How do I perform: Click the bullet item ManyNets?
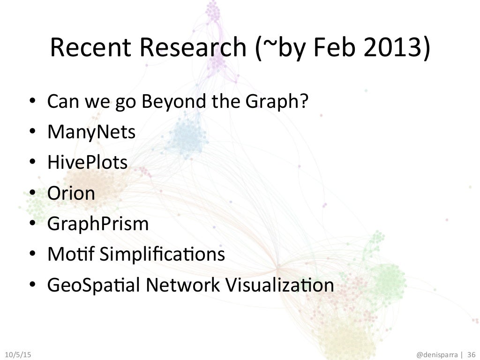[91, 133]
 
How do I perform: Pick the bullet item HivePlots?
[87, 163]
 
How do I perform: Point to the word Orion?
[71, 193]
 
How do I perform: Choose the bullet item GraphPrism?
[97, 224]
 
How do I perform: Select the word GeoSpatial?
[90, 285]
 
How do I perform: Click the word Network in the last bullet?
[185, 285]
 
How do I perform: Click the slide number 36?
[471, 352]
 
